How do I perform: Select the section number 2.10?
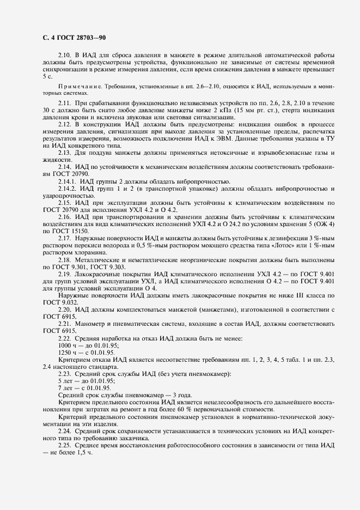point(65,56)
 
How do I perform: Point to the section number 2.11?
point(65,102)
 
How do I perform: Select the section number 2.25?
point(65,445)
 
